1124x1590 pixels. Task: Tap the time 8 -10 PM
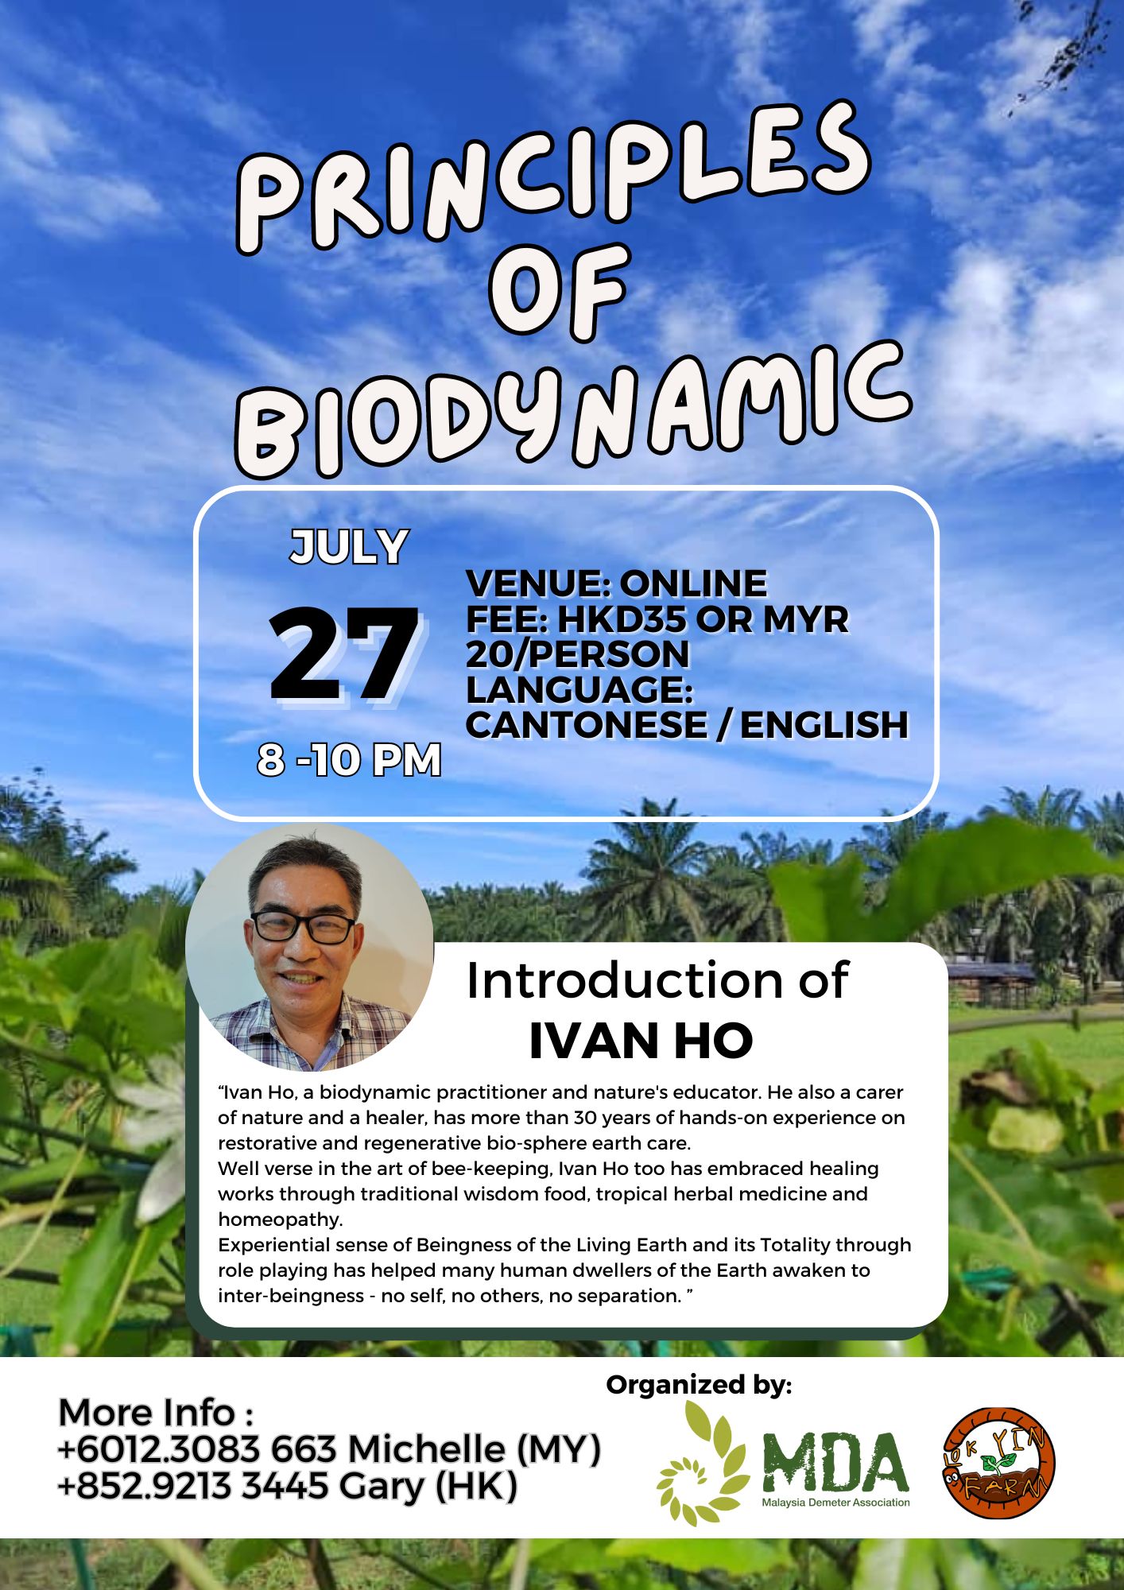click(x=349, y=759)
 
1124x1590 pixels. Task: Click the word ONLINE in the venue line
click(x=693, y=584)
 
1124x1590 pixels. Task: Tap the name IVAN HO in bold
click(x=641, y=1041)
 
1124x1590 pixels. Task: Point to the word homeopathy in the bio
click(x=280, y=1220)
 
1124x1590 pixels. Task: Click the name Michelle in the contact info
click(x=426, y=1449)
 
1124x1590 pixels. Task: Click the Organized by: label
click(x=699, y=1385)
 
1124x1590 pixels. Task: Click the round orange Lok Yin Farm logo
click(x=998, y=1464)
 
